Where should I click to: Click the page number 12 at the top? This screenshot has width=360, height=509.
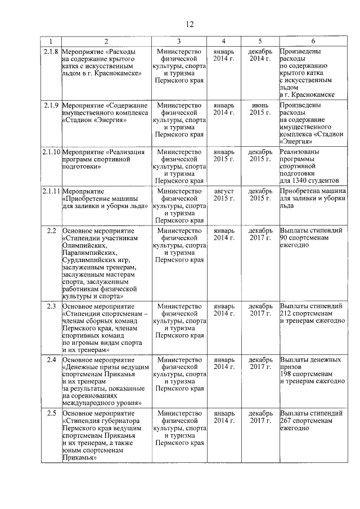pyautogui.click(x=190, y=24)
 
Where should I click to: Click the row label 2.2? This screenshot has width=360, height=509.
pyautogui.click(x=51, y=231)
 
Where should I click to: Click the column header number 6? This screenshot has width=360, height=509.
pyautogui.click(x=313, y=41)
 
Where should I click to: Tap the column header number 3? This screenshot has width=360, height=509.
pyautogui.click(x=179, y=41)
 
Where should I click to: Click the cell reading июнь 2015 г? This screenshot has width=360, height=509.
pyautogui.click(x=260, y=109)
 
